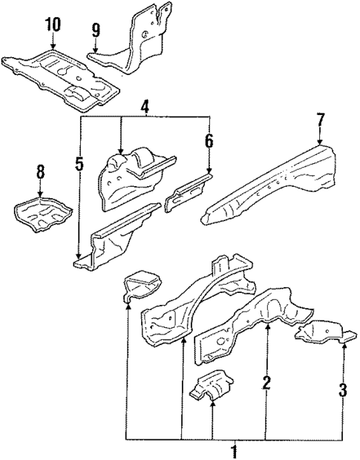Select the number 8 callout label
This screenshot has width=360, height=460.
click(41, 173)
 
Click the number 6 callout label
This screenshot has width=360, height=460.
click(209, 139)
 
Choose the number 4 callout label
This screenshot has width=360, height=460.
click(146, 107)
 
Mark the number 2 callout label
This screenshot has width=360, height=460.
click(266, 384)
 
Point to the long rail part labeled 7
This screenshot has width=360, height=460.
click(275, 182)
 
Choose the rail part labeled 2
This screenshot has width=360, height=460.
click(245, 326)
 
